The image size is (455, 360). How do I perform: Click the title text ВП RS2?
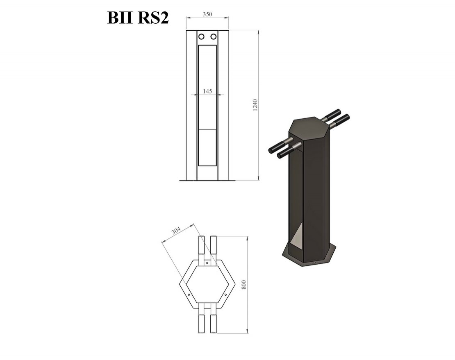[138, 18]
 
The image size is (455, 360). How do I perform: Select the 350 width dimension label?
[207, 14]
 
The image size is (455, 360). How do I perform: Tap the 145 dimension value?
[207, 91]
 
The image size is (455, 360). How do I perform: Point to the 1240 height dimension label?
[255, 105]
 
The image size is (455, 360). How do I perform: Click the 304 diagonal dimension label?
[176, 231]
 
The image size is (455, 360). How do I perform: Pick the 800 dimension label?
[244, 285]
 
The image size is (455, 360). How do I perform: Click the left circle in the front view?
[201, 36]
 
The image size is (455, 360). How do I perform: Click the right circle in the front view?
[214, 36]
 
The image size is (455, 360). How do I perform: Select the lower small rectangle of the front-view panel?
[207, 147]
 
